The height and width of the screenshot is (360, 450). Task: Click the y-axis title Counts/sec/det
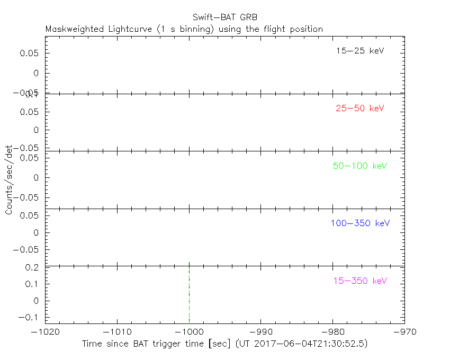[x=9, y=179]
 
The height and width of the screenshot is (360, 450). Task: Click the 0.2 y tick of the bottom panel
[x=33, y=268]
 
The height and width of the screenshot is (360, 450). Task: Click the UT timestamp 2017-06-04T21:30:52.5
[x=311, y=344]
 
